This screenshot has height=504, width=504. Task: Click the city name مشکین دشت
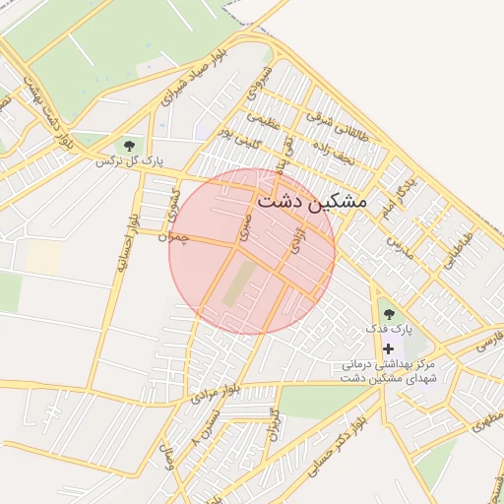(311, 200)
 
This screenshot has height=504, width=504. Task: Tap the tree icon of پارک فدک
(389, 314)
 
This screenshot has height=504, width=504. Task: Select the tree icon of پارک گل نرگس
(129, 147)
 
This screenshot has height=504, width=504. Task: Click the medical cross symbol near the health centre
(389, 348)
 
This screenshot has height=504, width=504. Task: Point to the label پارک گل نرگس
(129, 161)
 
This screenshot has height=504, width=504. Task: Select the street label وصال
(173, 459)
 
